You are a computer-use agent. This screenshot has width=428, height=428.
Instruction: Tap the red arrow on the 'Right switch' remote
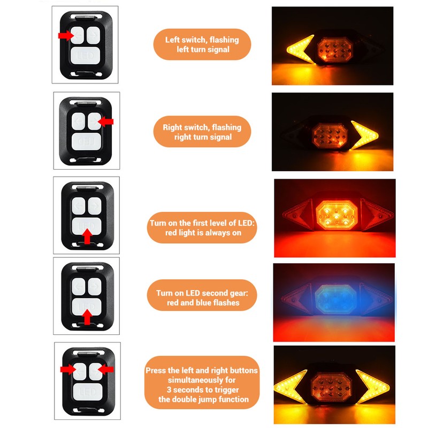106,122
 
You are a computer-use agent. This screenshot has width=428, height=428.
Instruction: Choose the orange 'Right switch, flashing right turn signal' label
202,132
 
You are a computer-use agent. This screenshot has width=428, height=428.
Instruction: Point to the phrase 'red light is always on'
202,233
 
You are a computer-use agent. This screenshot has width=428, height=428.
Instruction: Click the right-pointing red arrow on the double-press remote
68,369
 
